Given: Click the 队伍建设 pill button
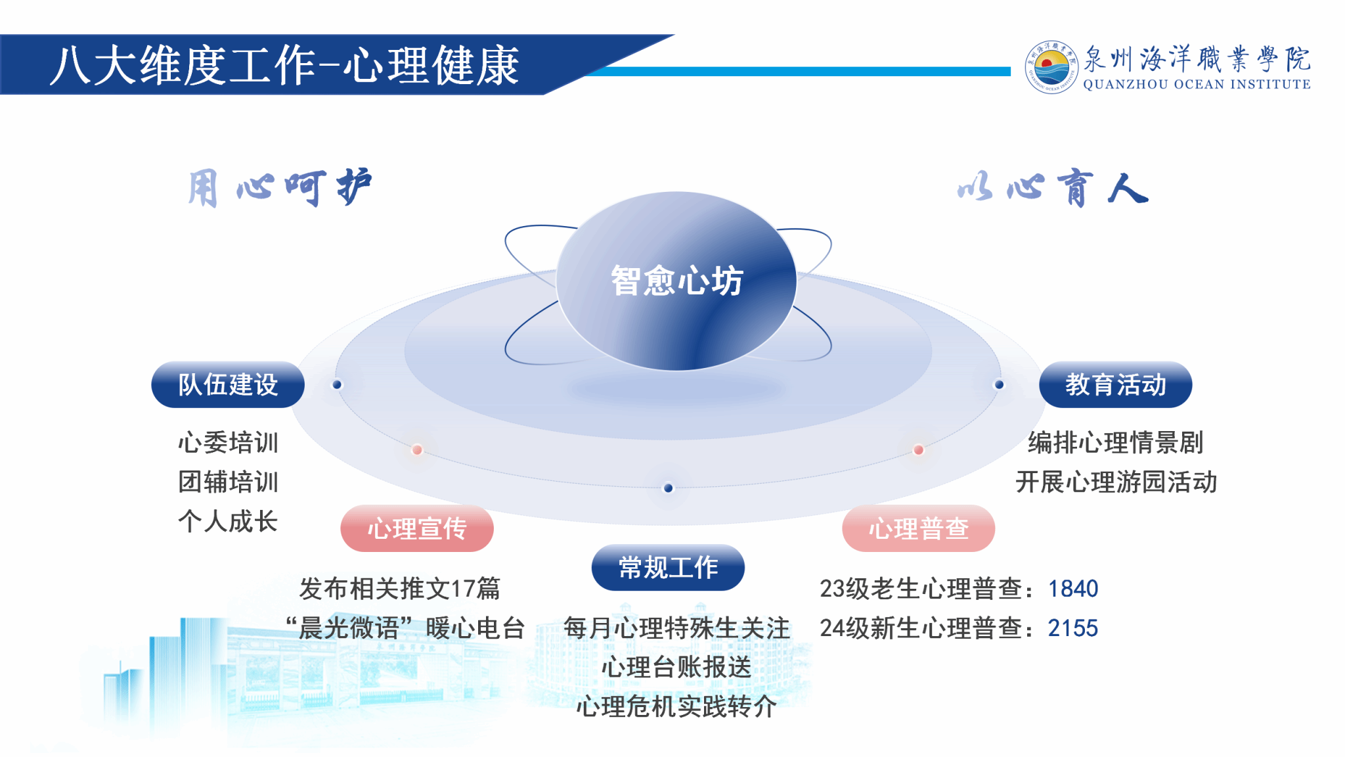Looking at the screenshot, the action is tap(228, 384).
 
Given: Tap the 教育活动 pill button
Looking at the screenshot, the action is tap(1115, 384).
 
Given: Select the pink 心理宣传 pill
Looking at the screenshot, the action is tap(417, 528).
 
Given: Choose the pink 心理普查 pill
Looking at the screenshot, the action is tap(918, 528).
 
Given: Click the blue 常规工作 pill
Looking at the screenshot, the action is tap(668, 567).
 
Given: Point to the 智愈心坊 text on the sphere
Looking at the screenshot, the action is tap(676, 281).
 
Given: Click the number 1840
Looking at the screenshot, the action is tap(1073, 589).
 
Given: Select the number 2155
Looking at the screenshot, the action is tap(1073, 628).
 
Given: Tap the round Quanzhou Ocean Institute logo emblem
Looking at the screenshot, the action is tap(1051, 67).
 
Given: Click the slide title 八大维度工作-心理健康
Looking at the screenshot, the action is tap(284, 66).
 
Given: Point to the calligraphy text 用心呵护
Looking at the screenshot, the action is tap(280, 188).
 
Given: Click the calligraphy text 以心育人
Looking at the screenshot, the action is tap(1053, 189).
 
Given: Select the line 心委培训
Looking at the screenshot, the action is tap(228, 442).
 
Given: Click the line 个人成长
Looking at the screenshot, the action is tap(228, 521).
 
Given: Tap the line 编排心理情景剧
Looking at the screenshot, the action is tap(1115, 442).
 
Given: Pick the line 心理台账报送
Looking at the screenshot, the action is tap(676, 667).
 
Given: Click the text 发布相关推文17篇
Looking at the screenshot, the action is tap(399, 589).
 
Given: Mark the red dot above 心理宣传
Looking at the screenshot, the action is tap(417, 450).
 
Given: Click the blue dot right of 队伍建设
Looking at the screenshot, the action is tap(337, 384).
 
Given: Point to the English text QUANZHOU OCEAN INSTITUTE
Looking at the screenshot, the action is tap(1197, 84).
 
